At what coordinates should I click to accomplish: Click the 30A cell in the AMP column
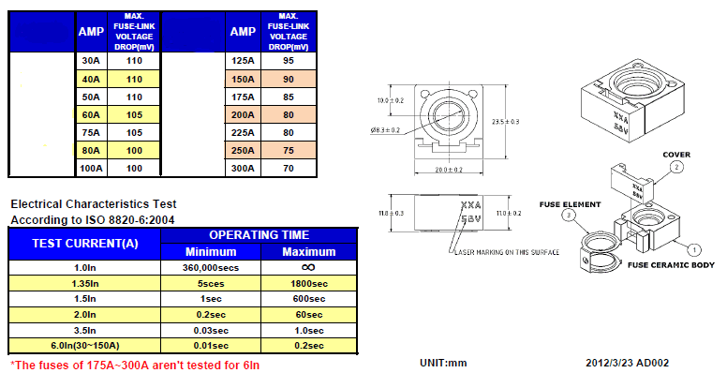pos(90,62)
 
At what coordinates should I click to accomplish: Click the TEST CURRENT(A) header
pos(84,243)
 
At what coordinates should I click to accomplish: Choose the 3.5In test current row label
pos(84,329)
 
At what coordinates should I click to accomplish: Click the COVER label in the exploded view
pos(676,154)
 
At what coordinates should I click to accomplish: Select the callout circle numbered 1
pos(694,250)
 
